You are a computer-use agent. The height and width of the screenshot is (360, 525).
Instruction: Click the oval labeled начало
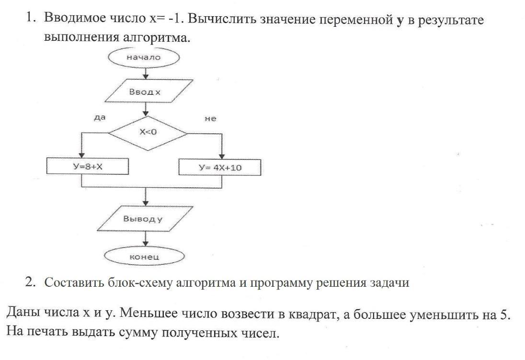click(144, 57)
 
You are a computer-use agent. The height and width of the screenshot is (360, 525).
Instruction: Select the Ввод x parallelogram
click(144, 92)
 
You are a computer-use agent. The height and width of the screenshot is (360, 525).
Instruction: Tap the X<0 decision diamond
click(148, 133)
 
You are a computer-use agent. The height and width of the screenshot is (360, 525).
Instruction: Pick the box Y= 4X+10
click(220, 167)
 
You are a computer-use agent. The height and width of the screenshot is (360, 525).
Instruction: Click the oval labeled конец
click(144, 257)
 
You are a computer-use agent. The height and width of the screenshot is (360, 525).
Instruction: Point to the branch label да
click(100, 117)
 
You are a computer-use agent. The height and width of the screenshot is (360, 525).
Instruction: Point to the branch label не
click(210, 119)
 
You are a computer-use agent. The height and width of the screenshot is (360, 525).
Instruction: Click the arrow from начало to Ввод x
click(145, 71)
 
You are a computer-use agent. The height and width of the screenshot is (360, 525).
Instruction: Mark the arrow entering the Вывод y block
click(145, 196)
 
